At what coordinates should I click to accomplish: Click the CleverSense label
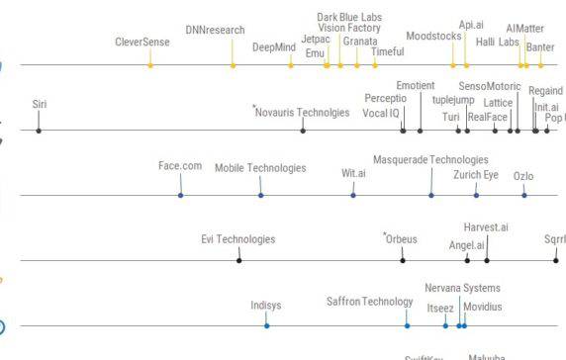coord(142,43)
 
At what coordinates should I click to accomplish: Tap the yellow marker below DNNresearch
coord(234,65)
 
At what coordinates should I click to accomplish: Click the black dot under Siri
coord(39,131)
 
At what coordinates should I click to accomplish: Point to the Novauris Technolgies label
coord(302,113)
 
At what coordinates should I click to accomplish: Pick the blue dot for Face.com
coord(181,195)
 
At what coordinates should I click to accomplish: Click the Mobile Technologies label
coord(260,168)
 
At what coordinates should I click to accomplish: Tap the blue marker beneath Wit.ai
coord(353,195)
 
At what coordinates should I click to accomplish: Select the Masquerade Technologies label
coord(430,159)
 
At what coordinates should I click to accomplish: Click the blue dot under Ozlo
coord(524,195)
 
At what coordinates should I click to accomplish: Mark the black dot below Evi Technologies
coord(238,260)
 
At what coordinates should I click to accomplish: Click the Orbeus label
coord(402,238)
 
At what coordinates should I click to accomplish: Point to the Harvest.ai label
coord(486,228)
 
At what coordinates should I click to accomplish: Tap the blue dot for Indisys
coord(266,324)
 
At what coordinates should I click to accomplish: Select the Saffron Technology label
coord(369,302)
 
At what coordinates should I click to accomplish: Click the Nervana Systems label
coord(462,288)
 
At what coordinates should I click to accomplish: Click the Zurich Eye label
coord(476,175)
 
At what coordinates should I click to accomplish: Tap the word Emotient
coord(416,86)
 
